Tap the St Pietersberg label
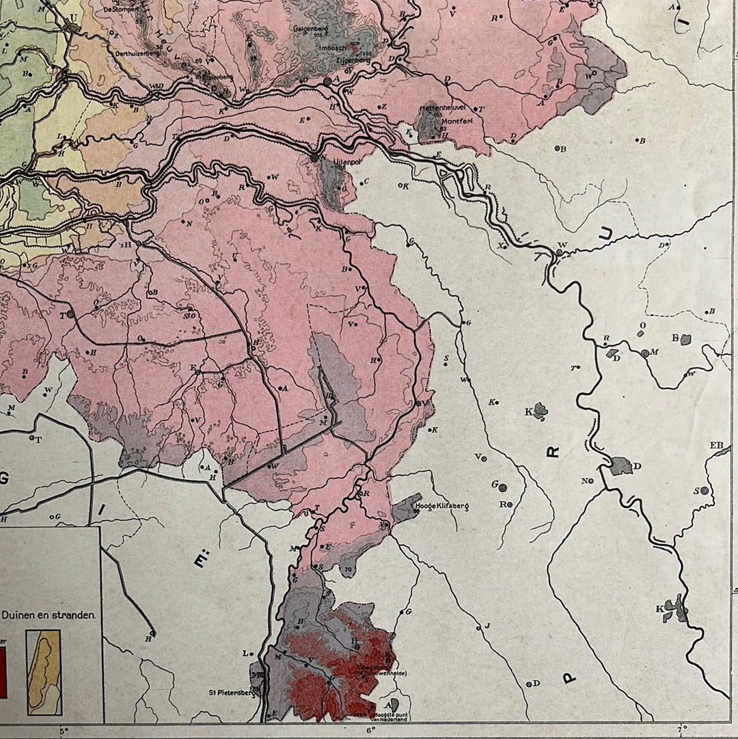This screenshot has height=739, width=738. click(231, 692)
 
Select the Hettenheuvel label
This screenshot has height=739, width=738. click(447, 108)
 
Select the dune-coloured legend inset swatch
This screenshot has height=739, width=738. click(43, 662)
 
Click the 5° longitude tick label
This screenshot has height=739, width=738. click(64, 731)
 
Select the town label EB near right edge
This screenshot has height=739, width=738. click(717, 446)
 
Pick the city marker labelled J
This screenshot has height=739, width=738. click(488, 626)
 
